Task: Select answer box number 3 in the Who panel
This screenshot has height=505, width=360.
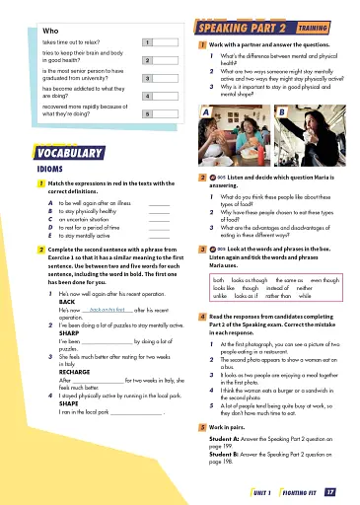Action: pos(146,77)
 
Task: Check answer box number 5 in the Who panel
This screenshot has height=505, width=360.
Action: pos(146,114)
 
